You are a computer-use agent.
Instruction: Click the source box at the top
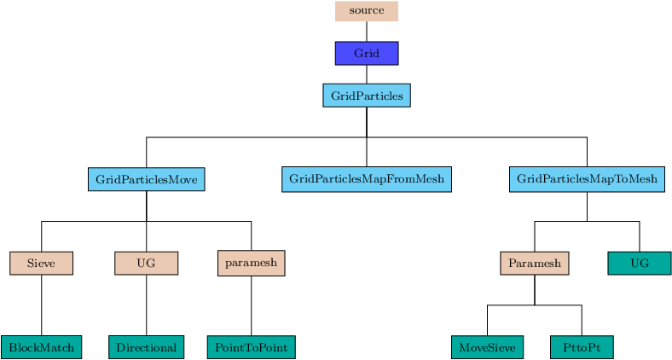click(367, 11)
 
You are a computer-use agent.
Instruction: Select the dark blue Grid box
click(367, 53)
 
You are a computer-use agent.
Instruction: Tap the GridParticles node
click(367, 96)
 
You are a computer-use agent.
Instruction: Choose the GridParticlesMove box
click(146, 179)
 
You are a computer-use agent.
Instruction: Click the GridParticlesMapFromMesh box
click(367, 179)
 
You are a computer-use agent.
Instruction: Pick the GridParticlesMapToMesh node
click(587, 179)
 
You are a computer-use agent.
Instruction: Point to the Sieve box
click(41, 263)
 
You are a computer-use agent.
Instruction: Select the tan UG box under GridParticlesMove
click(146, 263)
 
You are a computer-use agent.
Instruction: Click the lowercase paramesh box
click(251, 263)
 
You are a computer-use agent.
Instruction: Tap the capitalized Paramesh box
click(535, 263)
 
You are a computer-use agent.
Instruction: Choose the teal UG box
click(640, 263)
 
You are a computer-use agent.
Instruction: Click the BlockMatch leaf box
click(41, 347)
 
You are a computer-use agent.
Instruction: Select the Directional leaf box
click(146, 347)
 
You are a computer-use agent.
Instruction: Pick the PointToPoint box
click(251, 347)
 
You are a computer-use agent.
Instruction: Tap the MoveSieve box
click(487, 347)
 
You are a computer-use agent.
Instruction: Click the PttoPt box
click(582, 347)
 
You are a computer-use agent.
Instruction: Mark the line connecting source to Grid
click(367, 32)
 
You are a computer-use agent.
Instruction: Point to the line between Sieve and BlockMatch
click(42, 305)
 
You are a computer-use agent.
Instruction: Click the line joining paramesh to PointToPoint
click(251, 306)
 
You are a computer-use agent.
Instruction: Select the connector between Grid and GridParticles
click(367, 74)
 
